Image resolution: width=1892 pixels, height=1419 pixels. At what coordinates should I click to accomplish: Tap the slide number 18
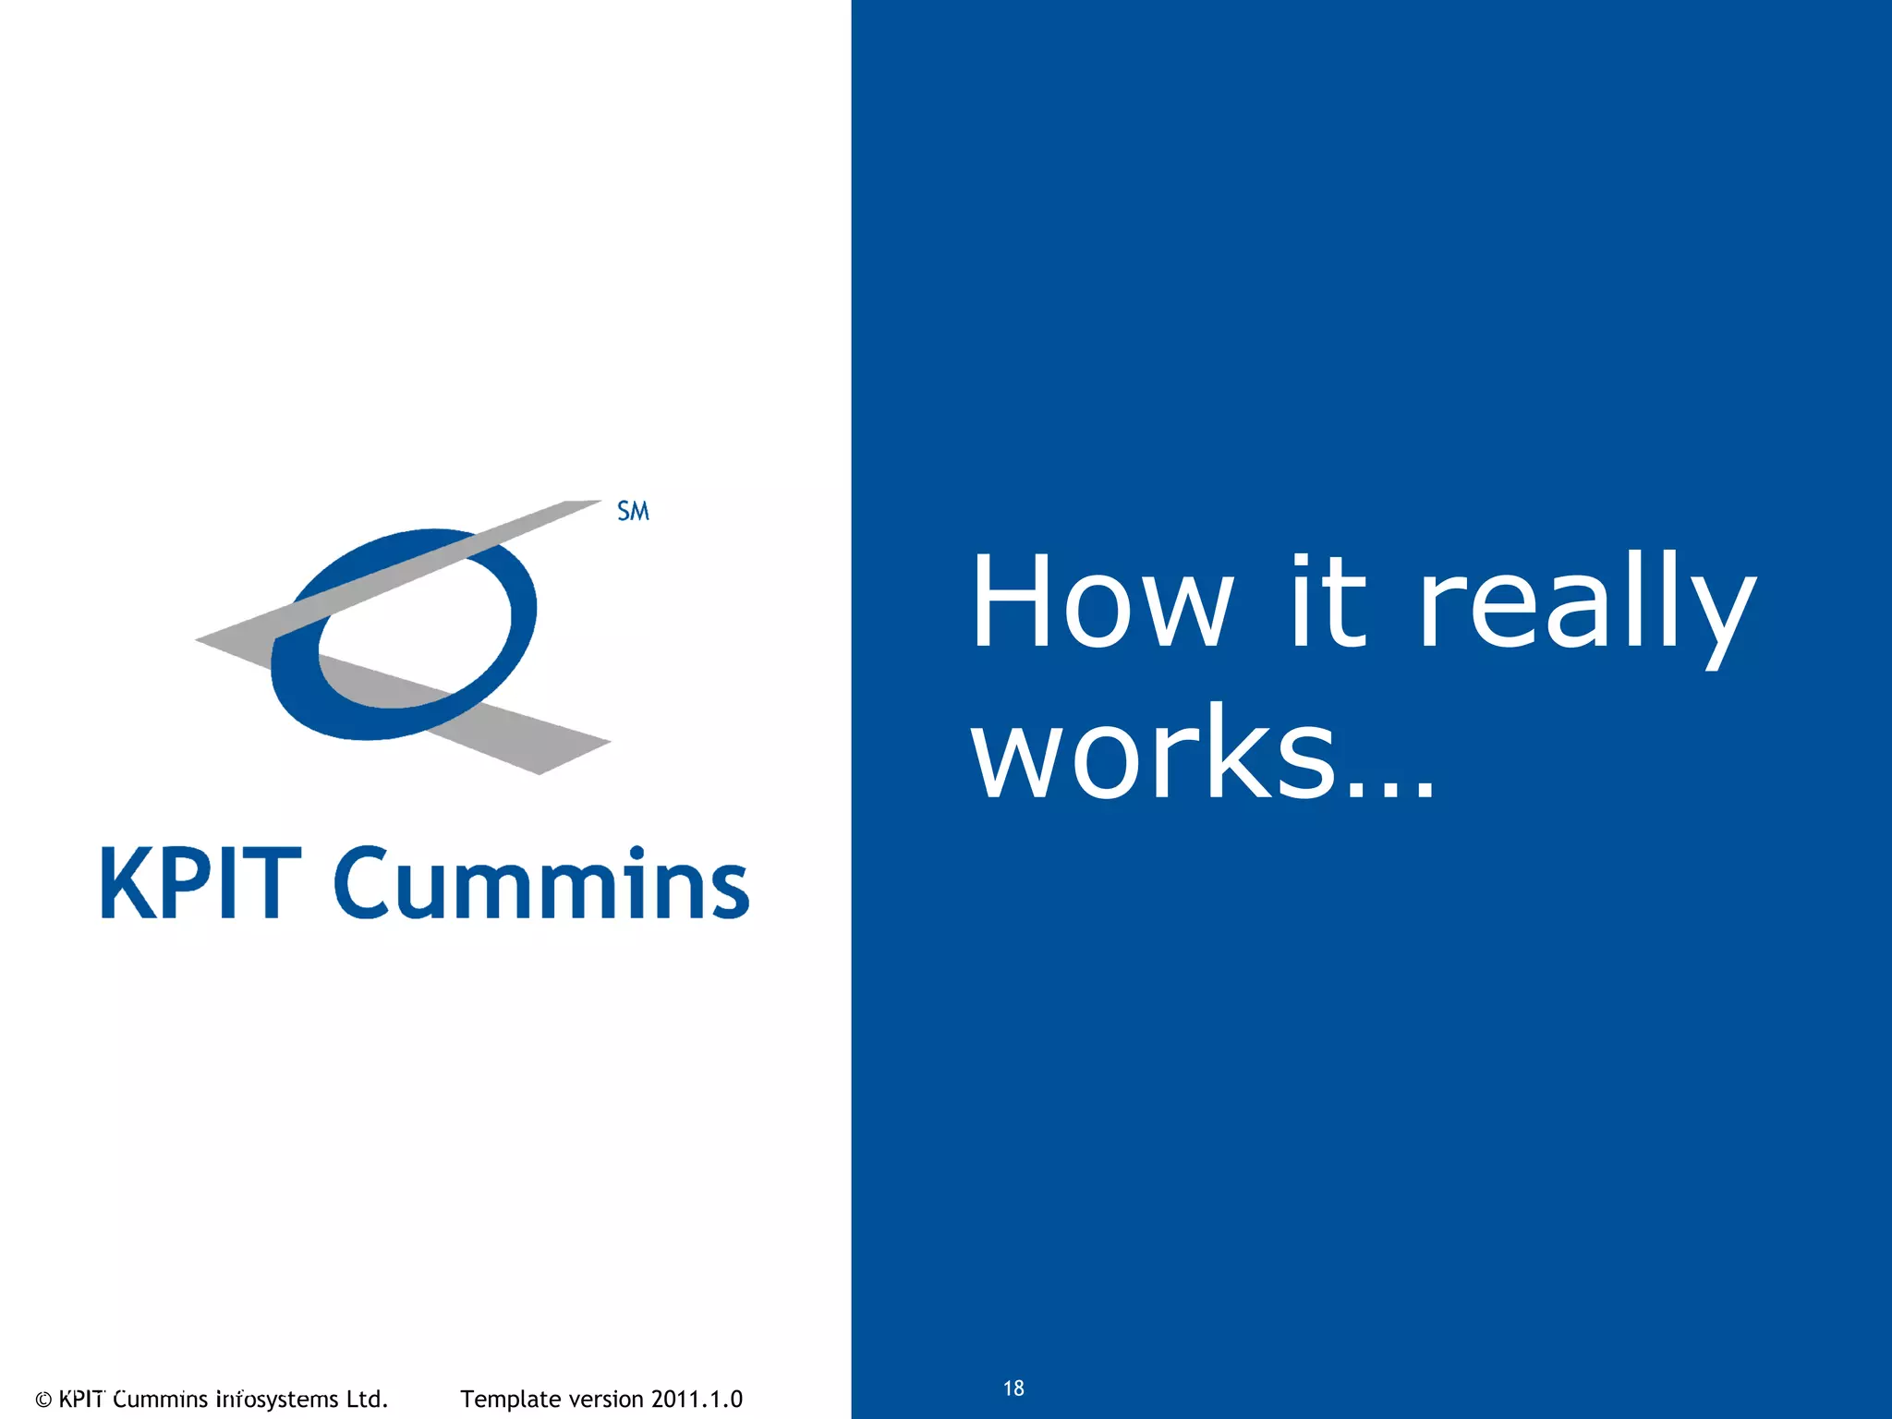(1013, 1388)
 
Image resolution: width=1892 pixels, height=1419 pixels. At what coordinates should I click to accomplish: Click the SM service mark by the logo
(633, 511)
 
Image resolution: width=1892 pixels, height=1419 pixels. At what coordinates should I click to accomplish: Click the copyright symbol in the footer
(42, 1400)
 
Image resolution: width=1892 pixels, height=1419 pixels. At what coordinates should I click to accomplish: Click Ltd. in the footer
(367, 1399)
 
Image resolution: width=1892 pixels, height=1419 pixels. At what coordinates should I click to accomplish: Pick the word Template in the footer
(511, 1400)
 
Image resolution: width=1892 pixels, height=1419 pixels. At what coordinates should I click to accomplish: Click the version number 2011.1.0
(697, 1400)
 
